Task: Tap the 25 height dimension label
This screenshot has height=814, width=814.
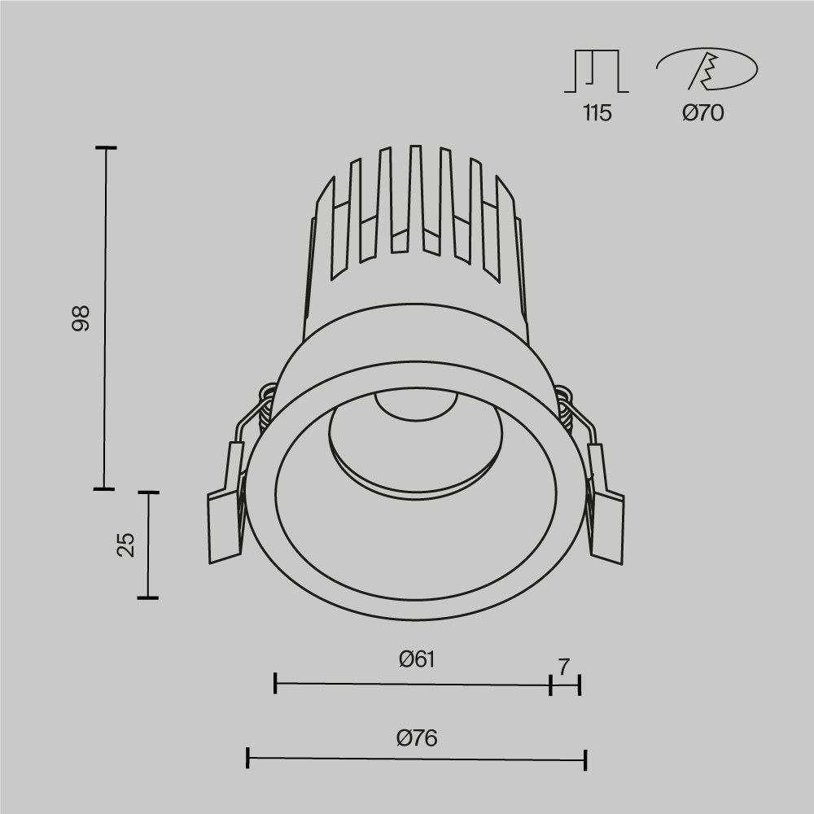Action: (x=125, y=545)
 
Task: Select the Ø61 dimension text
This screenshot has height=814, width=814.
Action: (x=417, y=659)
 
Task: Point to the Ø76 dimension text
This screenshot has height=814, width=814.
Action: (x=417, y=738)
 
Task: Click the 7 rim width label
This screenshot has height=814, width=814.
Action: (x=564, y=667)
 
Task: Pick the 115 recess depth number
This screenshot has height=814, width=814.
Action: (x=597, y=113)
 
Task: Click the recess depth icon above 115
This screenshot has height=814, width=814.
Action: (x=597, y=71)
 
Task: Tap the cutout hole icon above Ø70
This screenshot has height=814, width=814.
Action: (x=706, y=70)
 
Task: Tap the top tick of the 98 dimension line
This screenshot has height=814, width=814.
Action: (x=106, y=148)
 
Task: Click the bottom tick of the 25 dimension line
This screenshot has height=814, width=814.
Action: (x=147, y=598)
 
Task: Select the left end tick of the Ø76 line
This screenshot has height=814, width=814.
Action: (x=247, y=759)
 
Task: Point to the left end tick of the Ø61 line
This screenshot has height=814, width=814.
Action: (x=276, y=684)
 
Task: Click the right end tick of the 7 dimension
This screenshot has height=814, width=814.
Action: (x=580, y=685)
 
